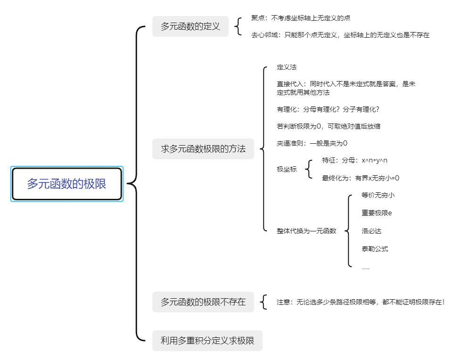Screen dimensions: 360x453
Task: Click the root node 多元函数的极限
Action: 66,184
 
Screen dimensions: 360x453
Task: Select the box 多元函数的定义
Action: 190,26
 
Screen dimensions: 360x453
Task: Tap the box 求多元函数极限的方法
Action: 203,149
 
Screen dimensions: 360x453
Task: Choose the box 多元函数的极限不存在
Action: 203,302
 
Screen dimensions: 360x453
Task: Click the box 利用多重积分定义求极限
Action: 207,341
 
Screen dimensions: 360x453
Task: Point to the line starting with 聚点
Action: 301,18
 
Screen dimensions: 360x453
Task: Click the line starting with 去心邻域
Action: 340,35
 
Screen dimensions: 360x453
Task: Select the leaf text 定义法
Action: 287,67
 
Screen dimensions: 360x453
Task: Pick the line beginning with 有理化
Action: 328,109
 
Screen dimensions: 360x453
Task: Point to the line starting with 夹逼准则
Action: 312,143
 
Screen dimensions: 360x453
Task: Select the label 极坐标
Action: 287,169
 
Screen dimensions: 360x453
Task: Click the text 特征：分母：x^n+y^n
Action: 354,160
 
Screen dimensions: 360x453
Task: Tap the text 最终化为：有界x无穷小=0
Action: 361,178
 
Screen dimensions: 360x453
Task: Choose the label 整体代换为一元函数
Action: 306,231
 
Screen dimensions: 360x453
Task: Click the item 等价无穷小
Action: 378,195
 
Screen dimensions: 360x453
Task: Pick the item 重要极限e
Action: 377,213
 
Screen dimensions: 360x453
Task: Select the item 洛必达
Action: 371,231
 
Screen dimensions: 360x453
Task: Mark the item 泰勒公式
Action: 375,249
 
